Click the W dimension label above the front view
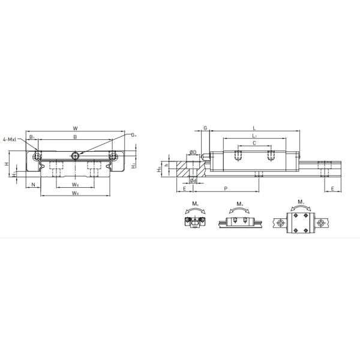pyautogui.click(x=74, y=128)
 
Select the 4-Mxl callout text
pyautogui.click(x=11, y=140)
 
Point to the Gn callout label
pyautogui.click(x=134, y=136)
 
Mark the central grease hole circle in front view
pyautogui.click(x=74, y=156)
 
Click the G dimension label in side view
pyautogui.click(x=205, y=128)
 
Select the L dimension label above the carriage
pyautogui.click(x=254, y=128)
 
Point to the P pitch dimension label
pyautogui.click(x=225, y=188)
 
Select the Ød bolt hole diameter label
pyautogui.click(x=193, y=180)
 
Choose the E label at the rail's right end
pyautogui.click(x=332, y=188)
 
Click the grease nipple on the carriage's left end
pyautogui.click(x=206, y=157)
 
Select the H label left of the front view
pyautogui.click(x=7, y=163)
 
